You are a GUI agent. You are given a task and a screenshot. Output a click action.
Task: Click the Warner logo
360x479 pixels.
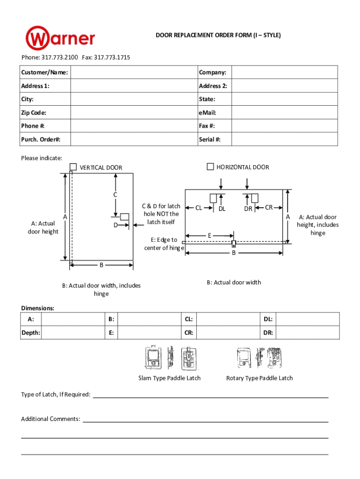click(x=60, y=38)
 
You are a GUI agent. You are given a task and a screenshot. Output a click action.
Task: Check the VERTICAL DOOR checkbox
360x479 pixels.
click(x=73, y=167)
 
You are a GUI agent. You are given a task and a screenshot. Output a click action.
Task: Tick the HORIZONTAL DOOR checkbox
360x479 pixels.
click(x=210, y=167)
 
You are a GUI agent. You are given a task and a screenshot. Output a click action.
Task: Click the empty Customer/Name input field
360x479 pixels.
click(x=134, y=73)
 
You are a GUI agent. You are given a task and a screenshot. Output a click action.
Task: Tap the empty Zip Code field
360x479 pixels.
click(x=134, y=113)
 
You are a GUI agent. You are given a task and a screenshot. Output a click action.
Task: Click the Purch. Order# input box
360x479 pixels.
click(x=134, y=139)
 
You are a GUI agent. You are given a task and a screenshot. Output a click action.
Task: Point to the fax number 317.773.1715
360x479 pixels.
click(x=112, y=58)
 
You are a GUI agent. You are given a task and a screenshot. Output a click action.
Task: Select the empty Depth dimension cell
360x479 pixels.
click(x=72, y=333)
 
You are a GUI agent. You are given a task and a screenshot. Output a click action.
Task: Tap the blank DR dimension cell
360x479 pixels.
click(x=308, y=333)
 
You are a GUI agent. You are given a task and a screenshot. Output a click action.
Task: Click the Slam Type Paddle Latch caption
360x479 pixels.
click(x=169, y=378)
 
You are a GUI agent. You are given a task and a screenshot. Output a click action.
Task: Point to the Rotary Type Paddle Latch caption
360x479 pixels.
click(x=259, y=378)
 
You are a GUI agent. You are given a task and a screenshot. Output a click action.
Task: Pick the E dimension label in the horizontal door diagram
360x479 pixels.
click(x=210, y=235)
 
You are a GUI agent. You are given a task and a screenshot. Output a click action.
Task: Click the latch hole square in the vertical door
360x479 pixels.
click(x=124, y=217)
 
